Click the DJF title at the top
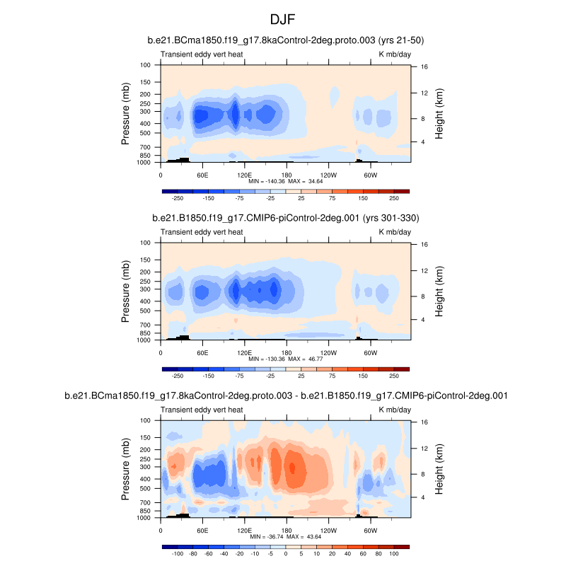click(x=282, y=16)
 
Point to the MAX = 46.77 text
click(x=304, y=359)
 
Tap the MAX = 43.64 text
click(x=304, y=536)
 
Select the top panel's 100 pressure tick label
click(x=145, y=65)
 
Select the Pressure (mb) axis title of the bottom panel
click(x=125, y=468)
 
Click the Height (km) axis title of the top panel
click(x=439, y=113)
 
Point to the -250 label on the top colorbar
click(x=178, y=199)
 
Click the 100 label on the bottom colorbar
click(x=394, y=554)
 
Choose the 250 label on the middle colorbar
click(x=394, y=376)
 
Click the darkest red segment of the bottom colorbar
click(x=402, y=546)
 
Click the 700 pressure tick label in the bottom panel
click(x=145, y=502)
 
